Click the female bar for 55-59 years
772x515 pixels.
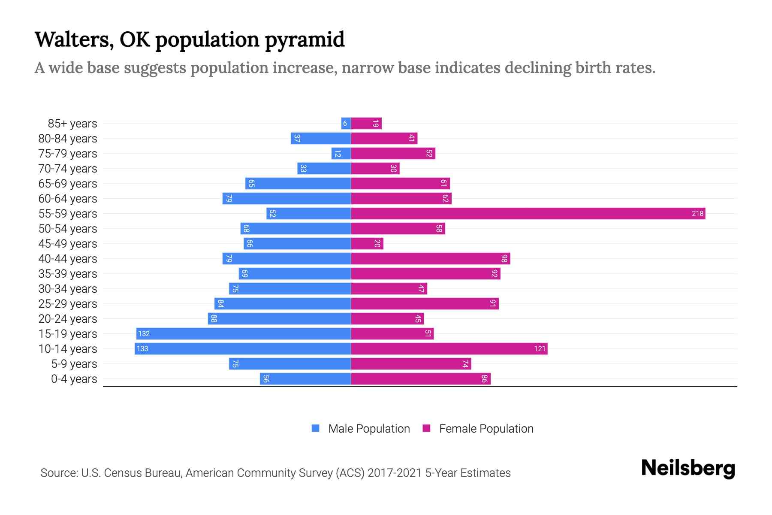[528, 213]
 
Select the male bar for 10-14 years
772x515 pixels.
[243, 348]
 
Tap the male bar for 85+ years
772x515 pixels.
[346, 124]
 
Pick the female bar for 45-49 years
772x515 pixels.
[367, 244]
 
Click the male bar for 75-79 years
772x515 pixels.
[341, 154]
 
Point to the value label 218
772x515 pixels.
[697, 213]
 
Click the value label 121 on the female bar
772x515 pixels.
[540, 348]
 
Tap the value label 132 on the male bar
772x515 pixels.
[144, 333]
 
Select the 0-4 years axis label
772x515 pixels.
[74, 379]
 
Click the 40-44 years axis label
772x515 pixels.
[68, 259]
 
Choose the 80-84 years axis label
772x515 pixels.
[68, 139]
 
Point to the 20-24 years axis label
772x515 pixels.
[68, 319]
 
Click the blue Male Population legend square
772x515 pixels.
[316, 428]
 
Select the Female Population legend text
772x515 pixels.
[486, 429]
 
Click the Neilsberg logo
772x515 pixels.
[688, 468]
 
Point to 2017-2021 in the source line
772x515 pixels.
[394, 473]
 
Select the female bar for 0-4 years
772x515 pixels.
[420, 379]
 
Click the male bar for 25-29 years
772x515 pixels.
[283, 304]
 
